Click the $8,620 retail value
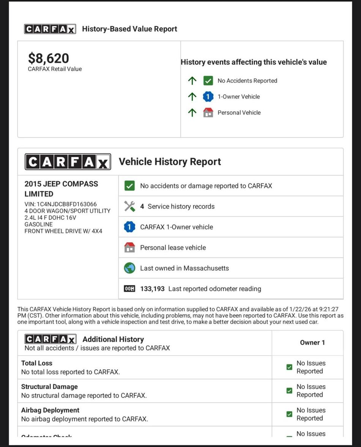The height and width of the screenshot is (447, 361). tap(49, 58)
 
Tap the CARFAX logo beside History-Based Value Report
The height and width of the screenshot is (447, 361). tap(50, 29)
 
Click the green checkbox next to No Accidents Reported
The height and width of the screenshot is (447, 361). tap(208, 81)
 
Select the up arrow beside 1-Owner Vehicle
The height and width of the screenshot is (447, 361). tap(192, 97)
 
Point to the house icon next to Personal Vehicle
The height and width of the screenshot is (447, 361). tap(208, 113)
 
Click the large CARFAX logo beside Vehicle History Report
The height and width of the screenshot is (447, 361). tap(68, 162)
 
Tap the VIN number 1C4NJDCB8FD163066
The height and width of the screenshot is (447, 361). tap(66, 204)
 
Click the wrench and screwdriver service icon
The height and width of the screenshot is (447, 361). tap(129, 206)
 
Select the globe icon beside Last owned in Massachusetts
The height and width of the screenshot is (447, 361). tap(129, 268)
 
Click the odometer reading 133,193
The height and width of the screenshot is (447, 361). tap(152, 289)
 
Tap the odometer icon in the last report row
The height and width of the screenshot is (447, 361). tap(129, 289)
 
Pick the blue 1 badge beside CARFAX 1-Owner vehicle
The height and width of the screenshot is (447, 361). tap(129, 227)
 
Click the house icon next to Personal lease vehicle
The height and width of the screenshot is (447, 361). tap(129, 248)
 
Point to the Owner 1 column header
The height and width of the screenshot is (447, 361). tap(312, 343)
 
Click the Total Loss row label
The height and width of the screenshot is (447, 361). tap(37, 363)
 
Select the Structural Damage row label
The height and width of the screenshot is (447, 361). tap(49, 387)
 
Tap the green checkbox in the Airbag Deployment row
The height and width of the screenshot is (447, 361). tap(289, 414)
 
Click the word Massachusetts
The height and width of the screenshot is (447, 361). tap(206, 268)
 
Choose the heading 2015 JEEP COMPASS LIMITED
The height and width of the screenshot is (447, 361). tap(61, 189)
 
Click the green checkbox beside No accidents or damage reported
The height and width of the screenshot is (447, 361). tap(129, 186)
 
